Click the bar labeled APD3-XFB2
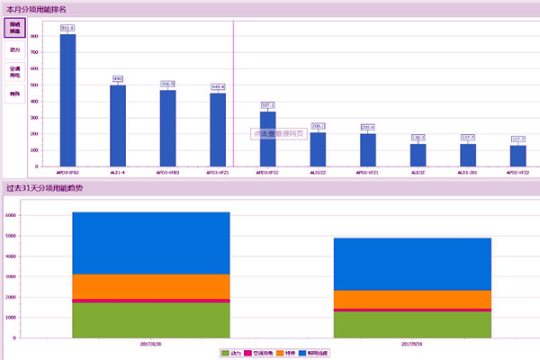tap(67, 100)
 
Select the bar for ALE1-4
tap(118, 126)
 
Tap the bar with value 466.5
tap(167, 129)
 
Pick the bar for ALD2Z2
tap(318, 149)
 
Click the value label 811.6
tap(67, 28)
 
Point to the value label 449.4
tap(218, 87)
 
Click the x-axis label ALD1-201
tap(468, 171)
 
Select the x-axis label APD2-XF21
tap(367, 171)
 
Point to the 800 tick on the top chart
tap(34, 35)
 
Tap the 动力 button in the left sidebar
tap(15, 50)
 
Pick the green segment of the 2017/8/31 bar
tap(412, 324)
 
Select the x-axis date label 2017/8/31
tap(412, 343)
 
